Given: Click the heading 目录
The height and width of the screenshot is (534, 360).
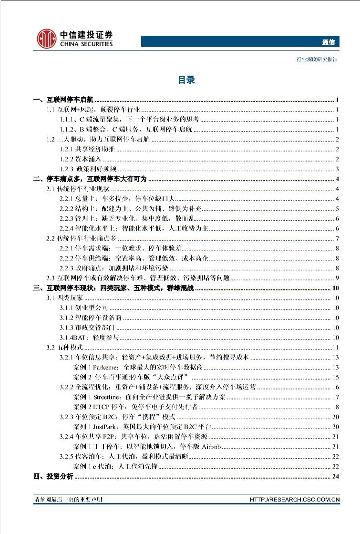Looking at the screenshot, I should click(186, 80).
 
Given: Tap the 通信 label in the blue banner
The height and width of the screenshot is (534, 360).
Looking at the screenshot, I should click(329, 42).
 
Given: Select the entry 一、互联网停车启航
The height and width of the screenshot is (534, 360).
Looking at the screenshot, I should click(63, 100).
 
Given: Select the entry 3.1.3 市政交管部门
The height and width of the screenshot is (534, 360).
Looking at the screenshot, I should click(87, 328).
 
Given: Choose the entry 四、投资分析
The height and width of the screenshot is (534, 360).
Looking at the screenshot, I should click(53, 477).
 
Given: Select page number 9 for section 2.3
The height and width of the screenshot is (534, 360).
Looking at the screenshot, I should click(337, 278).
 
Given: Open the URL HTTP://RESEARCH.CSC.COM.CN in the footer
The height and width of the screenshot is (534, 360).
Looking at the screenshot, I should click(295, 500).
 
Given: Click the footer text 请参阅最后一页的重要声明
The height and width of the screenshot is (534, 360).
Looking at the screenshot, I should click(68, 500).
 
